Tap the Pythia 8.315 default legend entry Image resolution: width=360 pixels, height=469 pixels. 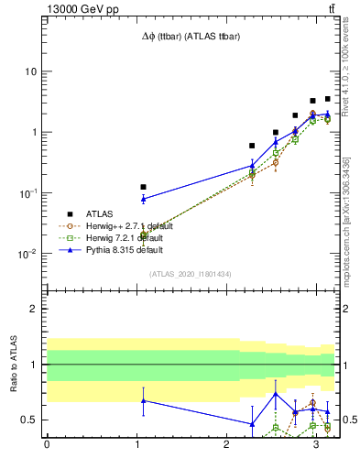121,249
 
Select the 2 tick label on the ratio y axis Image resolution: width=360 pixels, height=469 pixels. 34,309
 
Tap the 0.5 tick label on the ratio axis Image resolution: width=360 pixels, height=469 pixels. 29,420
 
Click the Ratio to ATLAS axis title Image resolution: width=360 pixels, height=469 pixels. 13,364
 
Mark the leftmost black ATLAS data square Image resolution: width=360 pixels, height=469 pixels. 143,187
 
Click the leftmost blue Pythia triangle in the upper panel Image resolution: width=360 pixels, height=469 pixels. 143,198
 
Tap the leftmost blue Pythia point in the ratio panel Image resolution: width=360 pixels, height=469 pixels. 143,400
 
